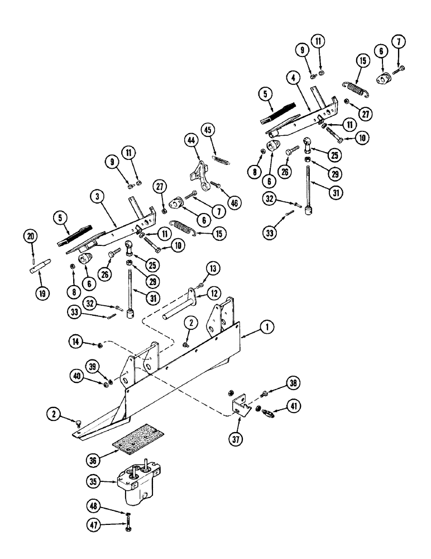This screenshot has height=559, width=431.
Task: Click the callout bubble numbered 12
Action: (215, 292)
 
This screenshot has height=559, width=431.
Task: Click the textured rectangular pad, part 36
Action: (137, 439)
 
